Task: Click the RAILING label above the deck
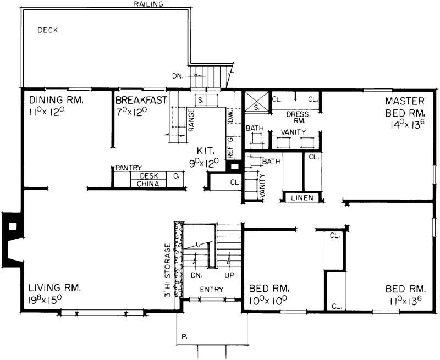(x=148, y=4)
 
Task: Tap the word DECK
(x=48, y=30)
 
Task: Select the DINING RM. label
(x=56, y=100)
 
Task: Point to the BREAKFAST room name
(x=140, y=100)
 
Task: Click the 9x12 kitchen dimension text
(x=205, y=162)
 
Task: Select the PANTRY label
(x=129, y=168)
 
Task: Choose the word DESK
(x=149, y=176)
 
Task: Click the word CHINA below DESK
(x=148, y=184)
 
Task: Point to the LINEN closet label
(x=301, y=197)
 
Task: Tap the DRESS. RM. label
(x=299, y=117)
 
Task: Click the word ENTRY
(x=210, y=290)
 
